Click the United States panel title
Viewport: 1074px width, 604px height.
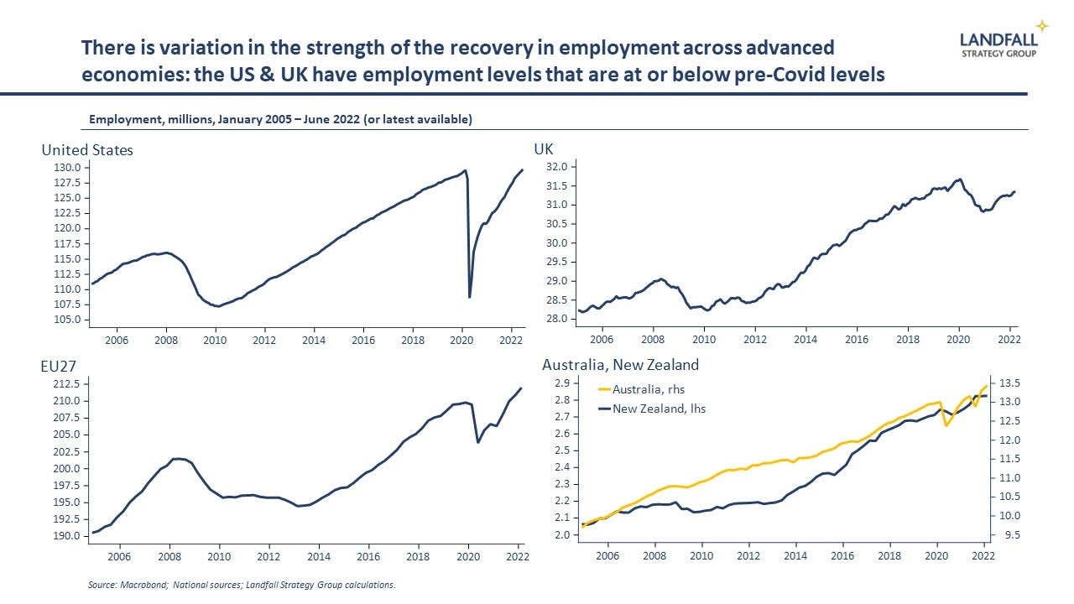[87, 150]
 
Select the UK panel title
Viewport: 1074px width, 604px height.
[544, 149]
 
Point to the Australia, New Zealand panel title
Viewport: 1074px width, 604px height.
[620, 365]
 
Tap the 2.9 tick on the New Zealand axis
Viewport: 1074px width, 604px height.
[562, 383]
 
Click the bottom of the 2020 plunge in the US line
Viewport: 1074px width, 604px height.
[469, 297]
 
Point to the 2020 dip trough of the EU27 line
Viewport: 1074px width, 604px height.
[478, 442]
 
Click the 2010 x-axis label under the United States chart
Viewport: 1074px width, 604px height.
[215, 341]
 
